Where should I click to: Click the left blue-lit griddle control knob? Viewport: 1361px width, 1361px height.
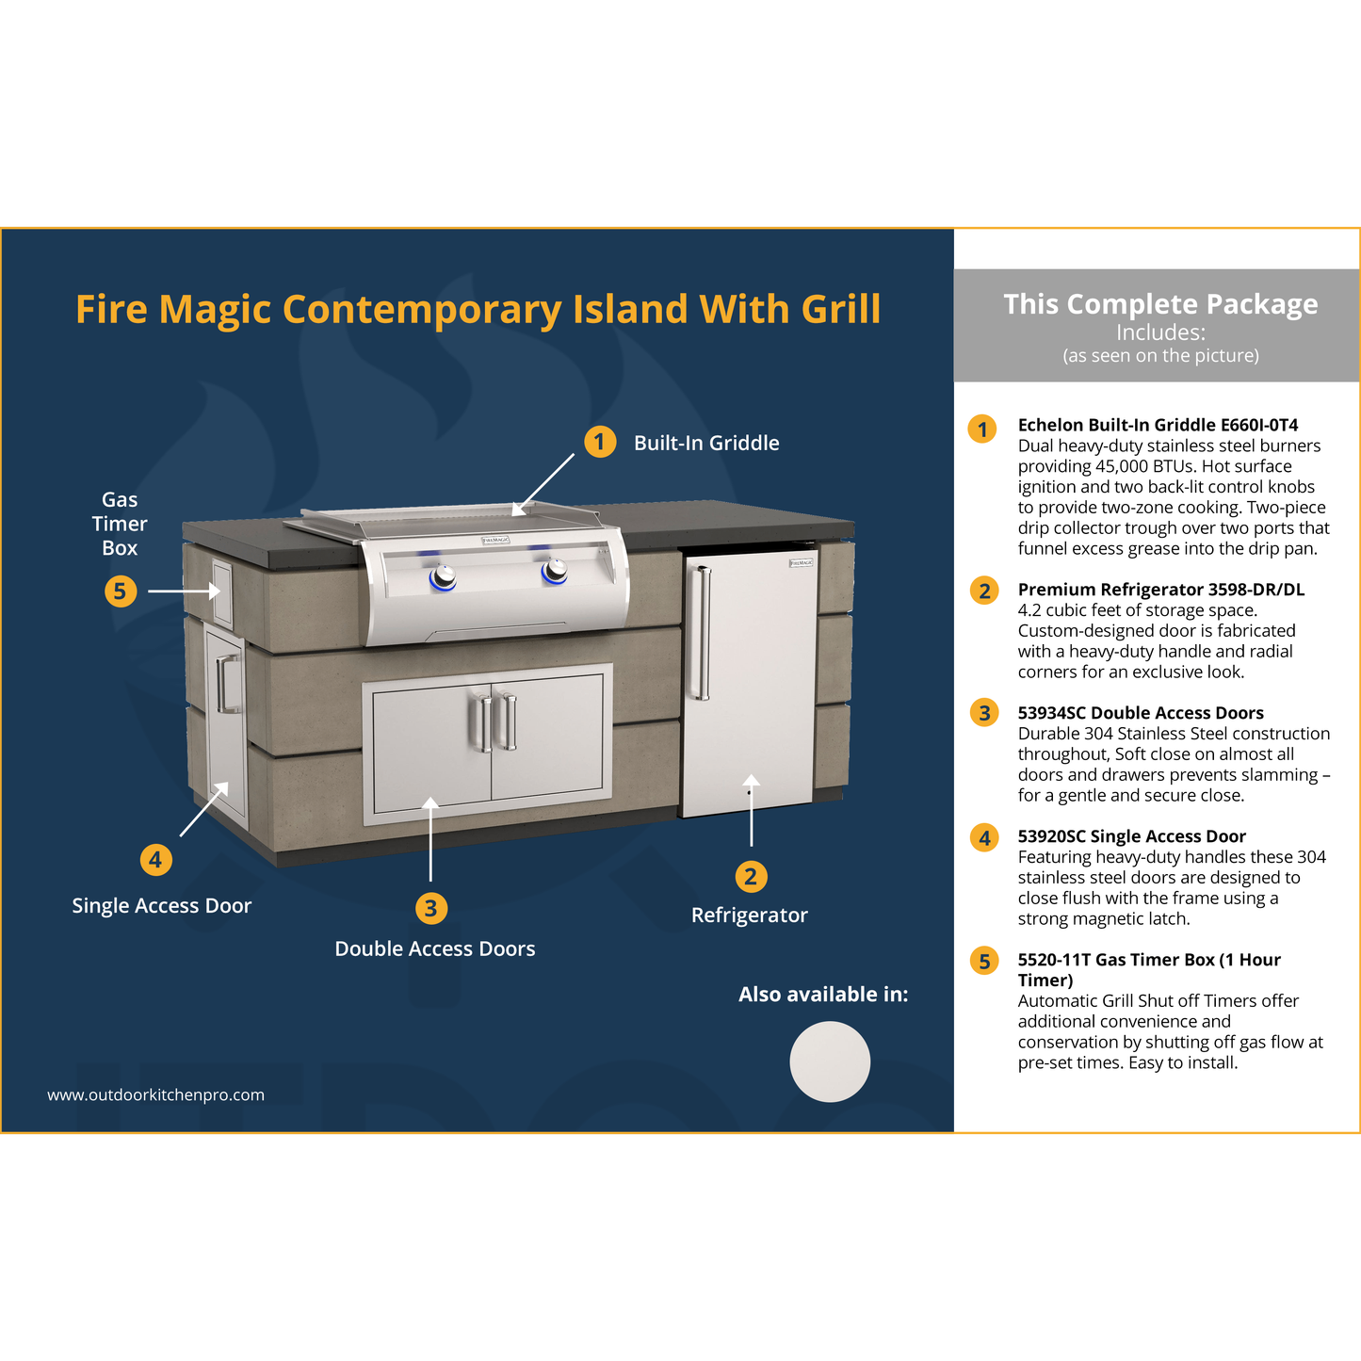click(x=444, y=577)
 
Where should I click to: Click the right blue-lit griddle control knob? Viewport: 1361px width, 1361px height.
click(x=555, y=571)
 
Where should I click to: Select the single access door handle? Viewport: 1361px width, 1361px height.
click(x=226, y=683)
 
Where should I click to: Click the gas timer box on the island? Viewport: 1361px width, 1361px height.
click(x=221, y=591)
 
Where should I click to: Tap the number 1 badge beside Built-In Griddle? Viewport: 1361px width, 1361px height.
click(x=600, y=442)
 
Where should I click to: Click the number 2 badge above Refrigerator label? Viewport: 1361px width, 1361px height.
click(x=751, y=877)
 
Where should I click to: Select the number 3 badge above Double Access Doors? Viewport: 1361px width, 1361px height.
click(x=430, y=908)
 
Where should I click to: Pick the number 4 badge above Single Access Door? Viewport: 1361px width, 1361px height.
click(x=155, y=860)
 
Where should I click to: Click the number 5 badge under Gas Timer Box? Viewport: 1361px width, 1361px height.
click(x=120, y=591)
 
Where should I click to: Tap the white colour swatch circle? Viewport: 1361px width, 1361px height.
click(x=830, y=1061)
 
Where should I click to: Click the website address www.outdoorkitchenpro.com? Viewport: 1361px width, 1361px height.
click(x=156, y=1094)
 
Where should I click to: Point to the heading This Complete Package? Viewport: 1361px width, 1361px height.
click(x=1160, y=304)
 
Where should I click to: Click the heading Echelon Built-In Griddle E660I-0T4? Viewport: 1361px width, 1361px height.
click(x=1158, y=425)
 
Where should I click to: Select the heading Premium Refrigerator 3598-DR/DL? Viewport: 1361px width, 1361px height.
click(x=1160, y=589)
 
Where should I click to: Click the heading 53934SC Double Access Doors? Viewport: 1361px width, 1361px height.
click(x=1141, y=713)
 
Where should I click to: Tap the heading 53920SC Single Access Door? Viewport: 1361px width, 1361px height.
click(x=1131, y=836)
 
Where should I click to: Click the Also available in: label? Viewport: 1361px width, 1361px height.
click(x=823, y=995)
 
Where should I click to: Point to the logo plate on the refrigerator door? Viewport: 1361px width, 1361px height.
click(x=801, y=563)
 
